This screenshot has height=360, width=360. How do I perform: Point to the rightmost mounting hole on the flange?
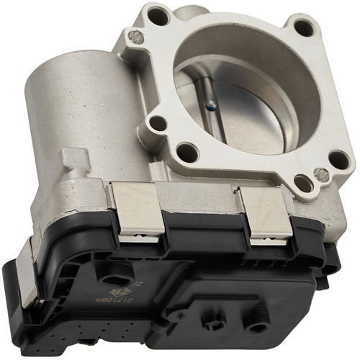tap(338, 159)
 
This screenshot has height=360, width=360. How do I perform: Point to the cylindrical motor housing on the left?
tap(65, 108)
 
